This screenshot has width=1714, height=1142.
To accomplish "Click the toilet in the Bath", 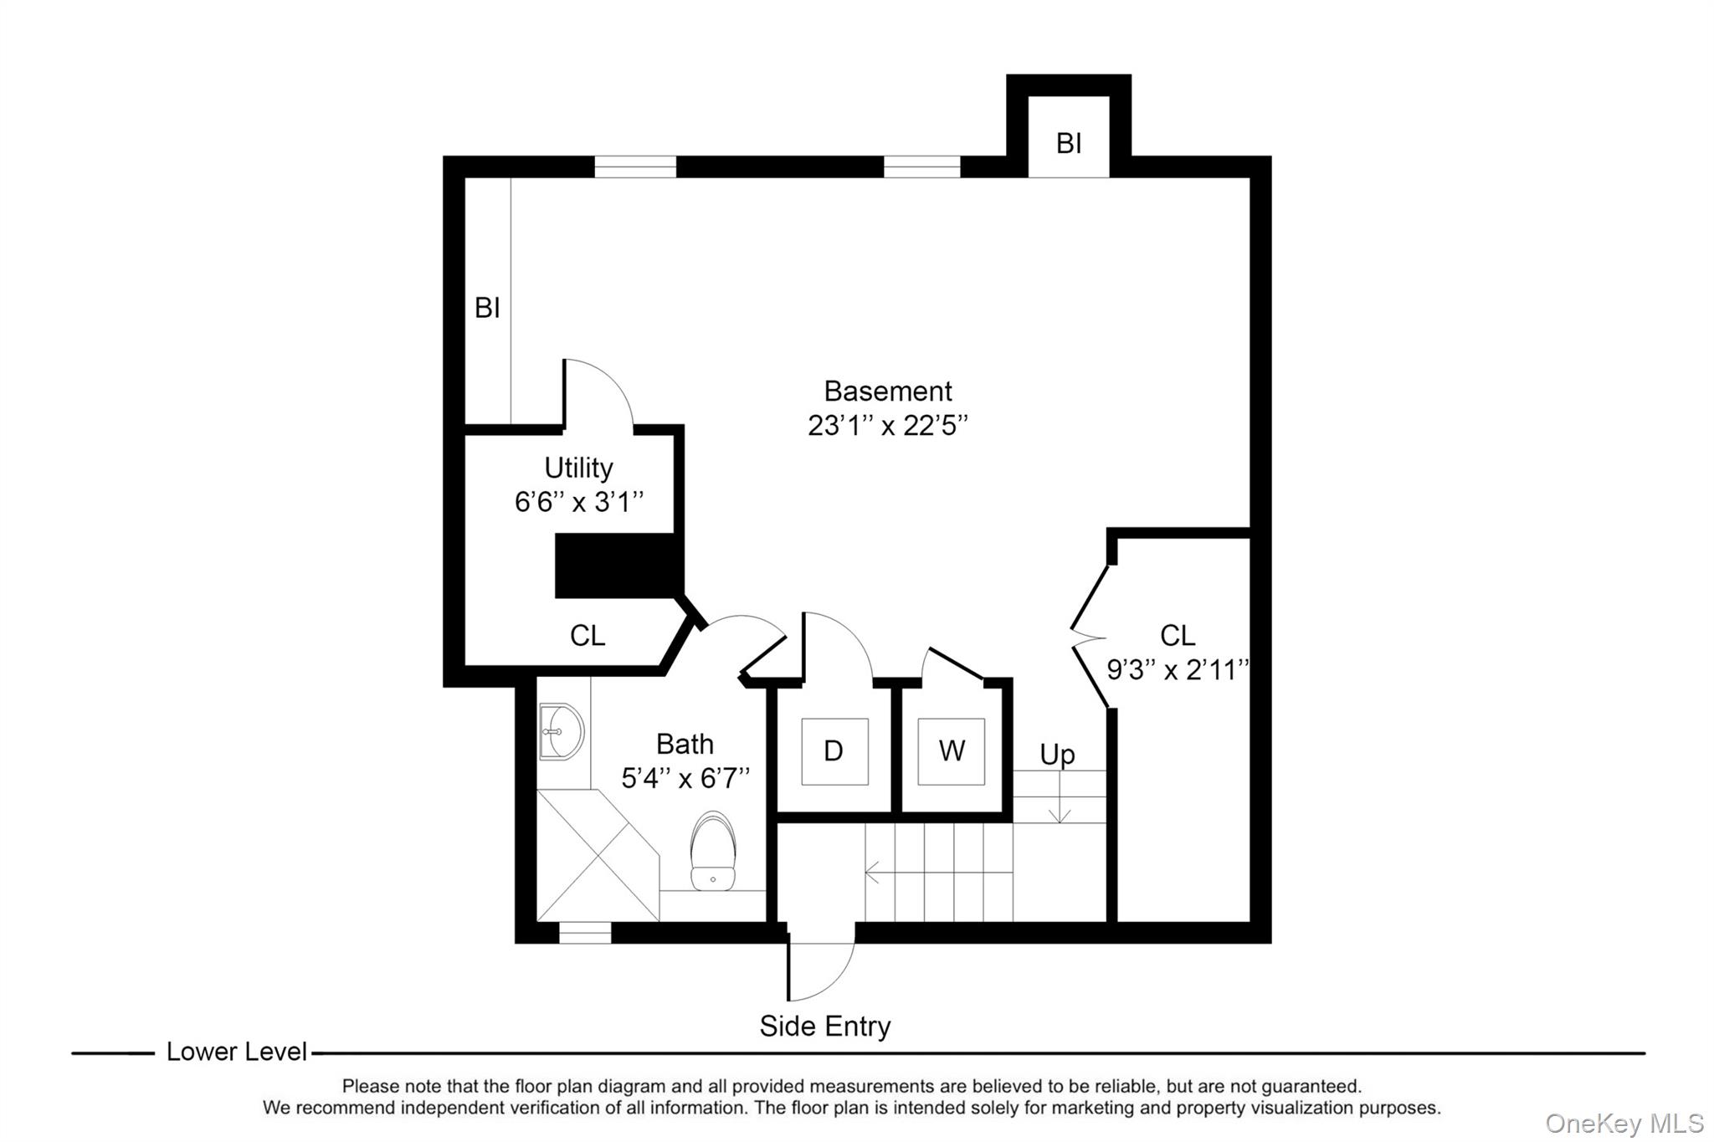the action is click(x=713, y=851).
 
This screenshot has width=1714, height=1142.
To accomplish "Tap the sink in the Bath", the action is click(x=561, y=732).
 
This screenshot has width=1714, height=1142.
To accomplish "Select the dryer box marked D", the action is click(x=834, y=751).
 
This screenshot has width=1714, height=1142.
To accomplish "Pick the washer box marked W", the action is click(x=952, y=751).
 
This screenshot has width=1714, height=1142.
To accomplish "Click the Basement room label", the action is click(x=888, y=391).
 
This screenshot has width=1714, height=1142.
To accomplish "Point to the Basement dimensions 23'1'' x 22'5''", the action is click(x=888, y=426).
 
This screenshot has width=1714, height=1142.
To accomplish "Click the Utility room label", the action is click(x=578, y=468).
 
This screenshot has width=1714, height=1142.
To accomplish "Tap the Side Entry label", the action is click(x=825, y=1026).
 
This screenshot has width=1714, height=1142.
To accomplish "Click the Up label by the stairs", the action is click(x=1057, y=755).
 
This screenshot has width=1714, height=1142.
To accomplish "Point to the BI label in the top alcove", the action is click(x=1069, y=144).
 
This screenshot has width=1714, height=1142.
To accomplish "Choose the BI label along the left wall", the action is click(x=487, y=308).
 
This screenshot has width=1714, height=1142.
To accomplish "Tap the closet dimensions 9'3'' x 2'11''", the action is click(x=1178, y=669).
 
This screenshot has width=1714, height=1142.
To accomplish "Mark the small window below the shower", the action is click(x=585, y=932).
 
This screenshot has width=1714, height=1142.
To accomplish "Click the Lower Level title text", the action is click(x=237, y=1052).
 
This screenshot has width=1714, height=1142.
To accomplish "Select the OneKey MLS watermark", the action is click(x=1624, y=1123).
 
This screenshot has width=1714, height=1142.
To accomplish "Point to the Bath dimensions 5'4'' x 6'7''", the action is click(x=685, y=779).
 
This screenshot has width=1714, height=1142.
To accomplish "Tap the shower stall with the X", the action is click(x=598, y=855).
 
